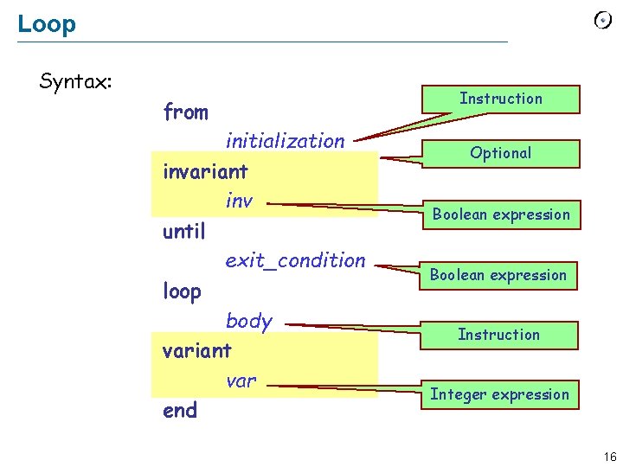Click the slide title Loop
click(47, 24)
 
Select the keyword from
click(185, 112)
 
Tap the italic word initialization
click(285, 141)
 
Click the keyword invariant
click(205, 171)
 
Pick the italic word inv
click(239, 202)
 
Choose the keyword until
click(183, 232)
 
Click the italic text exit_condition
click(295, 260)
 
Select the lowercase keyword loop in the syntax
click(182, 291)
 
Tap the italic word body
click(248, 321)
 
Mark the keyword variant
click(197, 351)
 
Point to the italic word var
click(241, 381)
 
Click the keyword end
click(180, 411)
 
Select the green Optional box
click(500, 153)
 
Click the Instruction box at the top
click(500, 99)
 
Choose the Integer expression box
click(499, 394)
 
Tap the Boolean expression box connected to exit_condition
click(498, 275)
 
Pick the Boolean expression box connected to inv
click(501, 214)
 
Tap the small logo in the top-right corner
click(602, 21)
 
